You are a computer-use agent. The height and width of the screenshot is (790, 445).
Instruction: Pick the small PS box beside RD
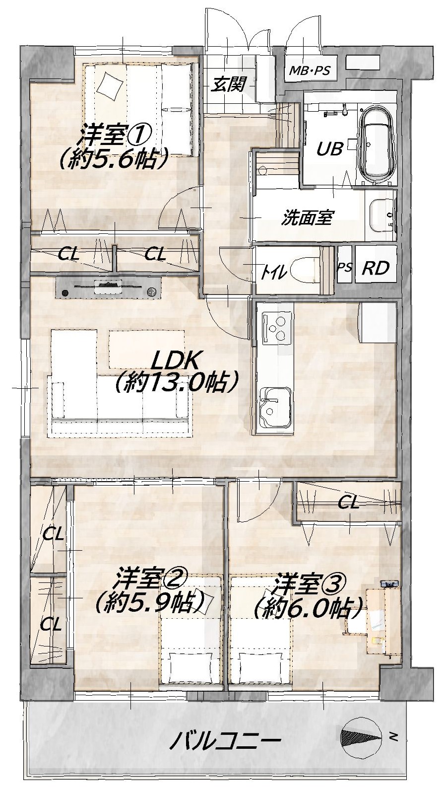344,267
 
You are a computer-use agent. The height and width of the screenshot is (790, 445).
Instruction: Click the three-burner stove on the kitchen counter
277,327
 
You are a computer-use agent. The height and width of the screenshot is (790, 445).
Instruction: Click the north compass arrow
362,734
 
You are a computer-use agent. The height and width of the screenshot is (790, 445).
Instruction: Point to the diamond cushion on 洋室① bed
110,85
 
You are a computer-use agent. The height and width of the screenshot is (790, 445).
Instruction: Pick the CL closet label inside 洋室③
348,502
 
